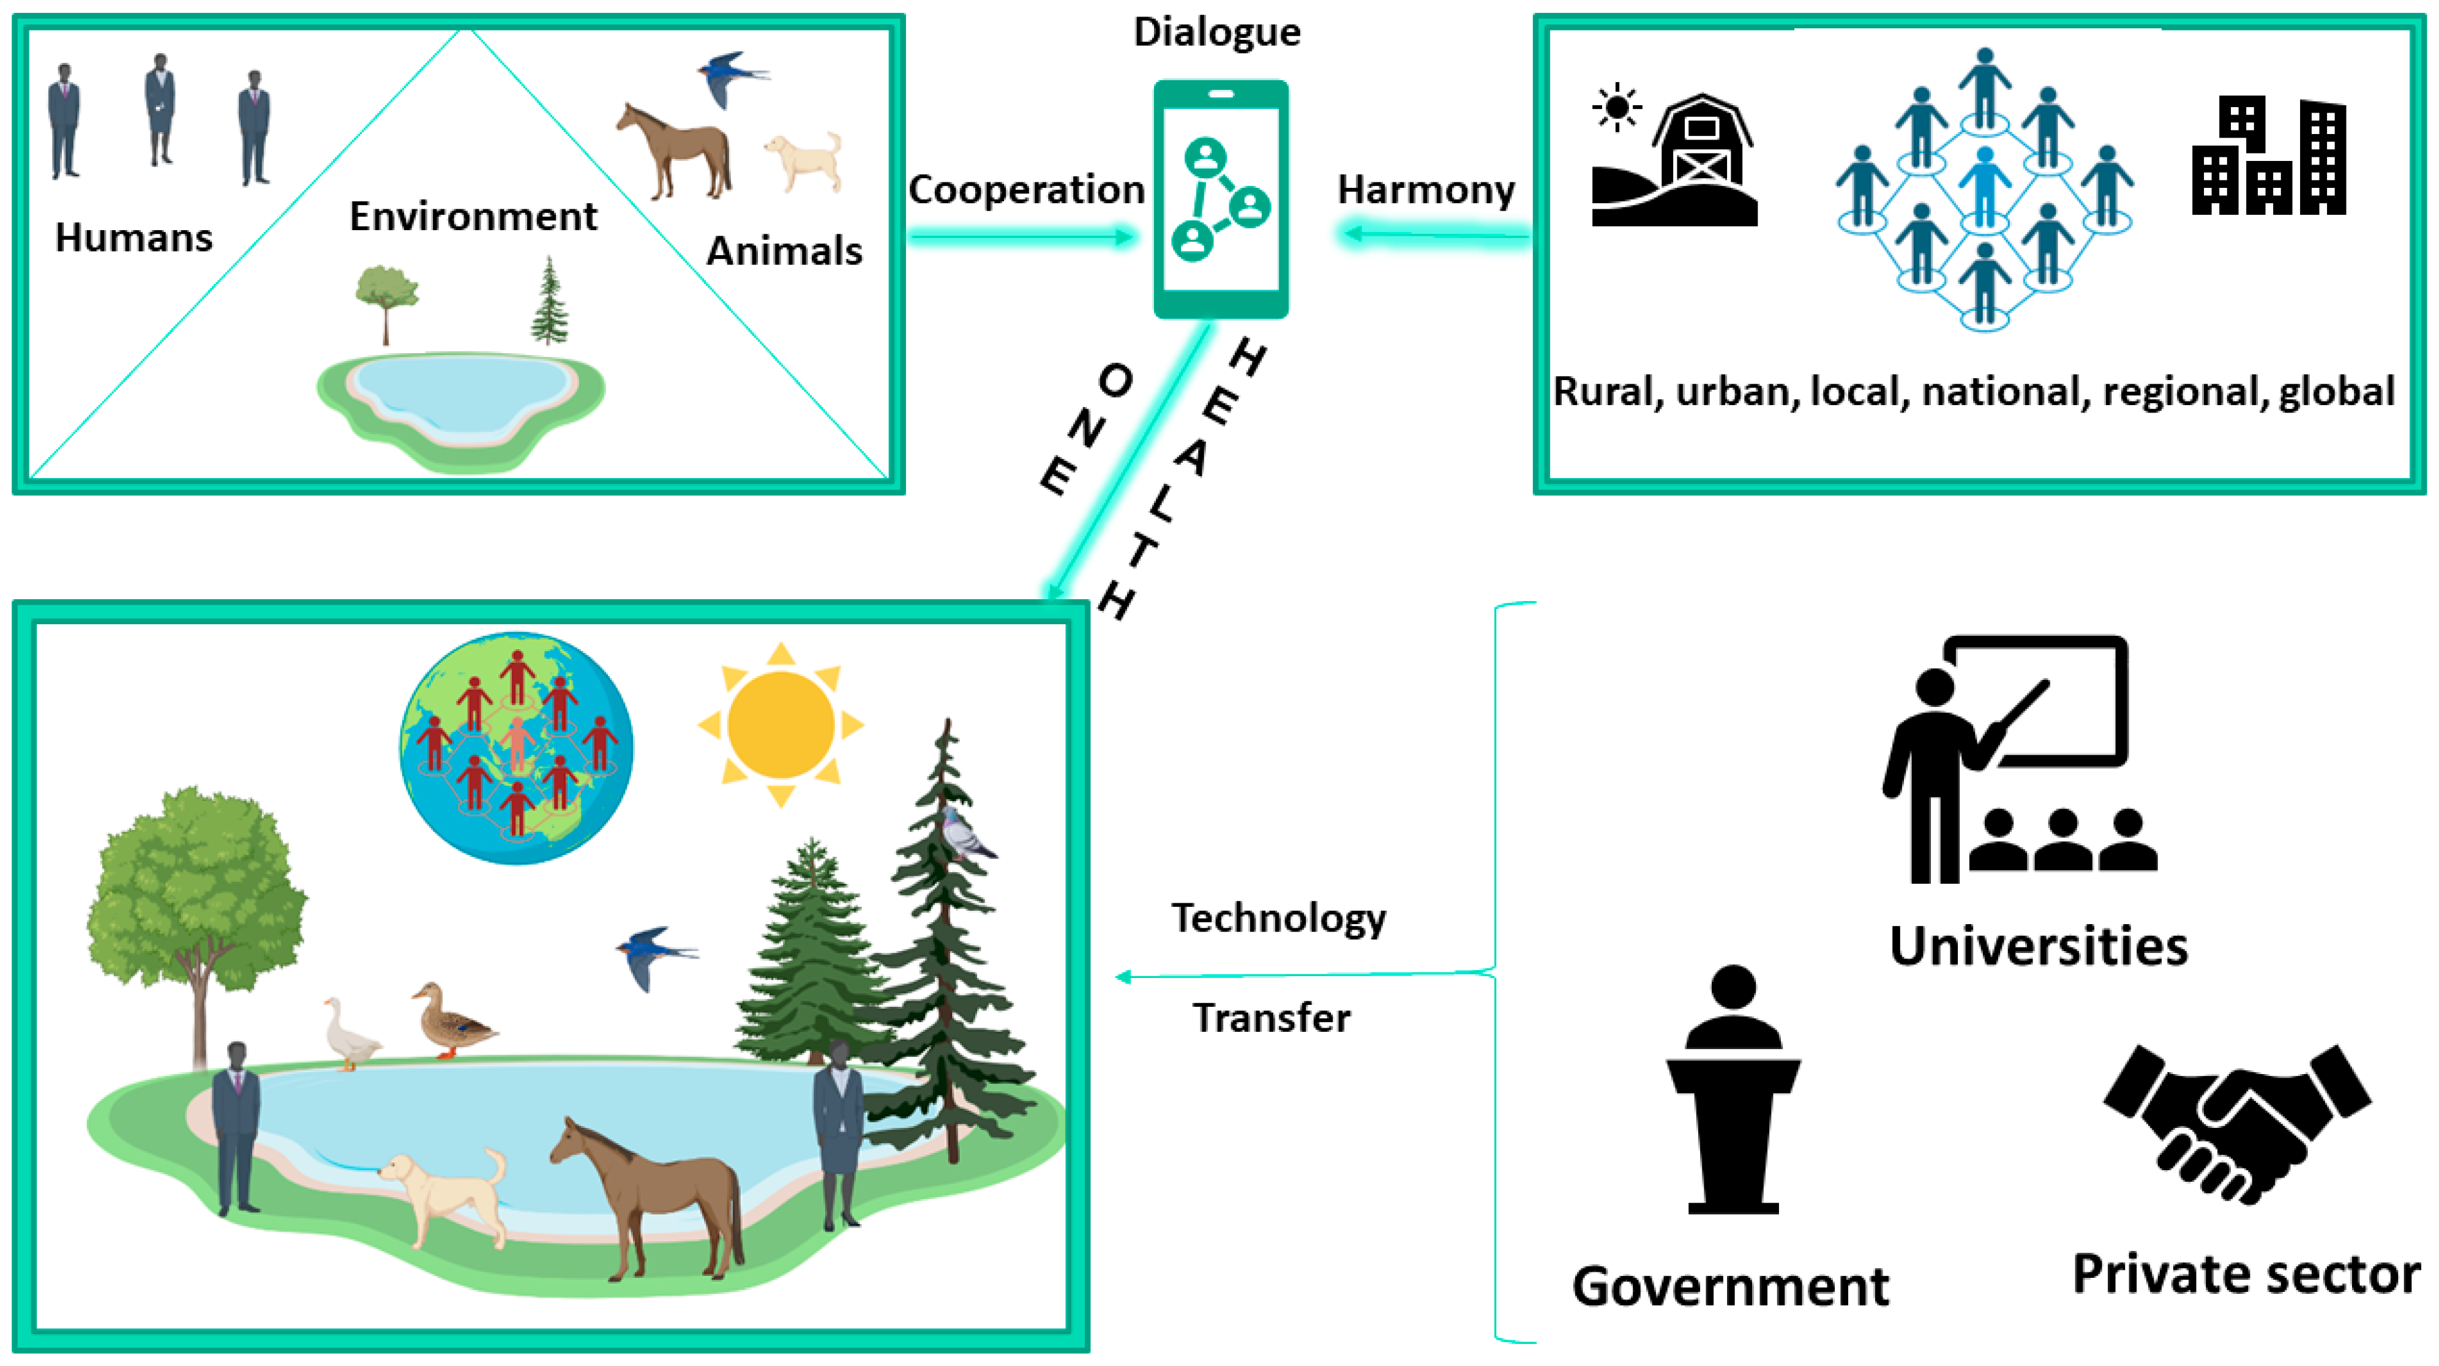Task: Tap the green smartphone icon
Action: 1221,199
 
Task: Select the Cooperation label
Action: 1026,190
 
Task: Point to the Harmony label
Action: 1426,190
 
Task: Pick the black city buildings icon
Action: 2269,156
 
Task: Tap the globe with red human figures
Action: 517,748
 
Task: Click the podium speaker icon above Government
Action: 1733,1089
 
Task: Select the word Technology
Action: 1278,918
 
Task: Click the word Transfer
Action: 1271,1018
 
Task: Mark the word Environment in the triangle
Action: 473,217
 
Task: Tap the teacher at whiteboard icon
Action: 2017,757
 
